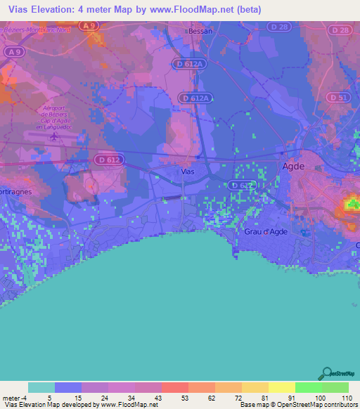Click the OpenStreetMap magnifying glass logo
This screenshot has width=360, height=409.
point(326,373)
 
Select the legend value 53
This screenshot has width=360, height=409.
point(175,397)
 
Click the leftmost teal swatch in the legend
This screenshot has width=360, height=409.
point(41,387)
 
